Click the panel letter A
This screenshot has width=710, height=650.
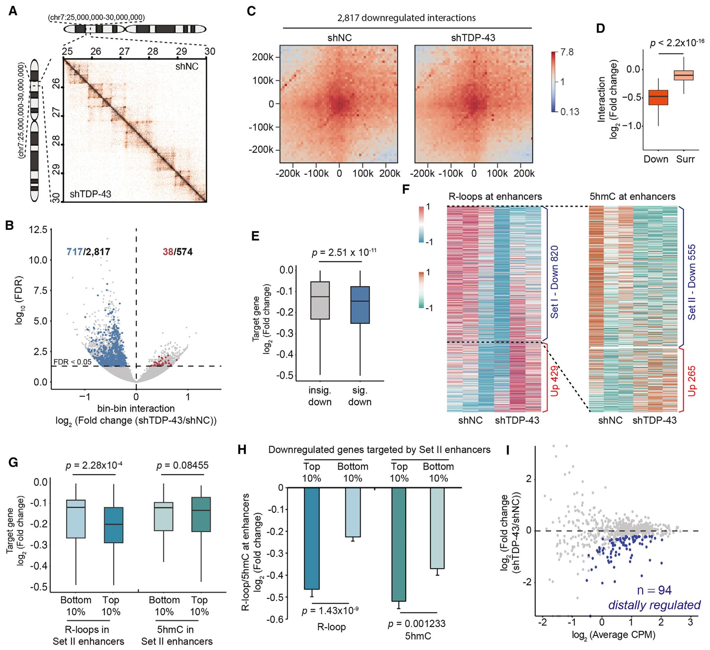[x=13, y=11]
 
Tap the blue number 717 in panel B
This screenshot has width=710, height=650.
[x=75, y=251]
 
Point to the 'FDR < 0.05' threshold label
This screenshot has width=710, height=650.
[x=72, y=362]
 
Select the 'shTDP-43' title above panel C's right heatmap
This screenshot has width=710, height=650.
[x=473, y=37]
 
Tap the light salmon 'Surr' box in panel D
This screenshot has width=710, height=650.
[x=684, y=75]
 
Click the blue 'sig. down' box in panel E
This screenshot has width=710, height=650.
[x=360, y=305]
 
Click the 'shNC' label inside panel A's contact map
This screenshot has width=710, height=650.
[x=187, y=66]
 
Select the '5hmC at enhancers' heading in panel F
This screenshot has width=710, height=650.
[x=633, y=196]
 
